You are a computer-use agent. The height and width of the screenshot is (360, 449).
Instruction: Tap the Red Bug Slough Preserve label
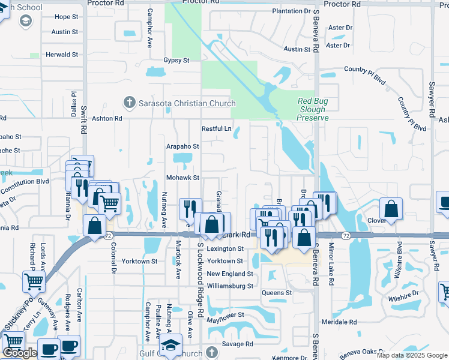click(x=312, y=109)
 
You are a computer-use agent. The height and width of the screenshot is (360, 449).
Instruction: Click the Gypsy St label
click(x=176, y=61)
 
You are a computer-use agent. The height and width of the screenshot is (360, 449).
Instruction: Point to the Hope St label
click(x=66, y=17)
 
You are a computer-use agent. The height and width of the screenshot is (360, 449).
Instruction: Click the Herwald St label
click(x=62, y=55)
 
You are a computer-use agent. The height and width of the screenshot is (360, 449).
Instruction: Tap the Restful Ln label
click(x=216, y=128)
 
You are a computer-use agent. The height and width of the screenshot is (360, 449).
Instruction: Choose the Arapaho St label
click(x=182, y=146)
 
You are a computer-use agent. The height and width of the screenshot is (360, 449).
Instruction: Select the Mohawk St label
click(x=183, y=178)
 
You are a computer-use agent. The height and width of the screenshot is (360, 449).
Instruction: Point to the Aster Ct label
click(x=340, y=28)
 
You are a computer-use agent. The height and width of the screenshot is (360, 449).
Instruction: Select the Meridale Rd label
click(x=339, y=322)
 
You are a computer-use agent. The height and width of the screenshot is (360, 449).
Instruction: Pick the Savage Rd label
click(x=237, y=344)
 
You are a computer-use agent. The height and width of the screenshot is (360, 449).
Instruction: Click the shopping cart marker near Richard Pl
click(x=34, y=281)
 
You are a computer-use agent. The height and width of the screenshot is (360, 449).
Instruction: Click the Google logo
click(x=20, y=353)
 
